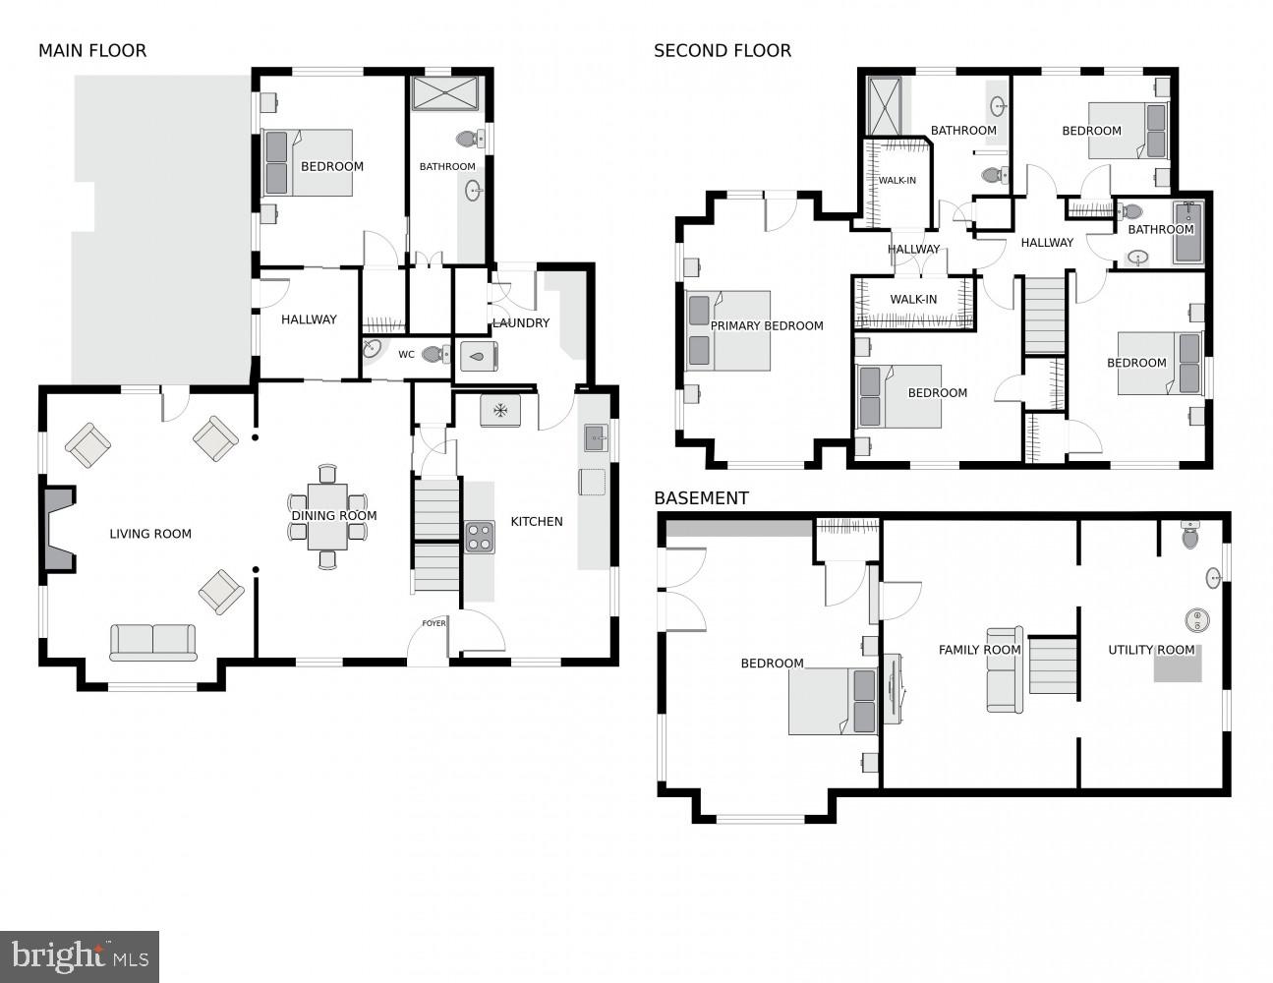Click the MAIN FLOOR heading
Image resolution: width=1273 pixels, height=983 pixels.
pos(92,51)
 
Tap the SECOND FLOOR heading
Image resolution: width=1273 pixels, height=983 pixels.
pos(723,51)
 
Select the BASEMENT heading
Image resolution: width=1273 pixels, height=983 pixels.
pos(701,498)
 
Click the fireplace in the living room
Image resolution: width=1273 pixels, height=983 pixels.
pos(59,528)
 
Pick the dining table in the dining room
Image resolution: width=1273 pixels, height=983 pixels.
pos(327,516)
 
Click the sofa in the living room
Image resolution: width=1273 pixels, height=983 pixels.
pos(152,642)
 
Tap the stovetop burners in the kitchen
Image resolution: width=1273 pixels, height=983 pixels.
pos(480,537)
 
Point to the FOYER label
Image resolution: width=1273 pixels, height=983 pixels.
pos(434,623)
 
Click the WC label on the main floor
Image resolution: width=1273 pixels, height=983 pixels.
pos(406,355)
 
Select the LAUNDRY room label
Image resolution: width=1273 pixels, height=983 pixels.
pos(521,323)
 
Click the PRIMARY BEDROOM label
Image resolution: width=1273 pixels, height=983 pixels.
pos(767,326)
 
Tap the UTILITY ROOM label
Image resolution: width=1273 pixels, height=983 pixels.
pos(1151,650)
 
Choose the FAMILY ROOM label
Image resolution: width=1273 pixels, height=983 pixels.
pos(979,650)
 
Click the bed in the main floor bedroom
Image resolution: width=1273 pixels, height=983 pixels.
pos(308,163)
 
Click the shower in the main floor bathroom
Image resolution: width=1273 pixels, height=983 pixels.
pos(443,93)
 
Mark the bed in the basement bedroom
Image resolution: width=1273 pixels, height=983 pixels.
pos(832,700)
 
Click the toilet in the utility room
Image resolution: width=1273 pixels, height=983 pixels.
pos(1190,536)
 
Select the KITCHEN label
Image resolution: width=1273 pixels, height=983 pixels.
pos(537,522)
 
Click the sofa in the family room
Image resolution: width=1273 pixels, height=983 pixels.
pos(1005,670)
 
